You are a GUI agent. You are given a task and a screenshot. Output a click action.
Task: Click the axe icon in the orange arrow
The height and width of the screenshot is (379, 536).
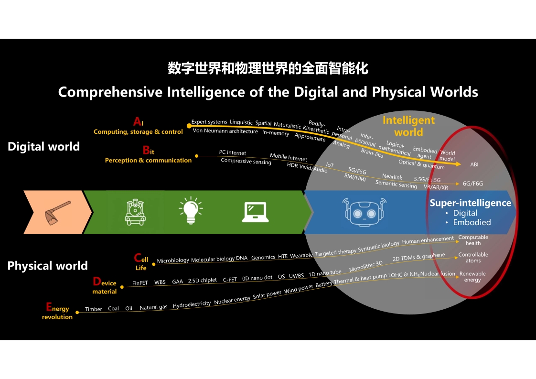[57, 213]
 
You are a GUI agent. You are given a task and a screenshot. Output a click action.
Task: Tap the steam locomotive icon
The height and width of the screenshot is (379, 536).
[135, 212]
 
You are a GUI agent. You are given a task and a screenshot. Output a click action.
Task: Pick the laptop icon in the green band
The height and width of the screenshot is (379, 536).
[256, 212]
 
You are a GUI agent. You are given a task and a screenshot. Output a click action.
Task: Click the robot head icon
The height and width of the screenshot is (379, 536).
[364, 212]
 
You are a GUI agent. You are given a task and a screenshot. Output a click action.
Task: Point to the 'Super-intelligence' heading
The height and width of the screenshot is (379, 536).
[471, 203]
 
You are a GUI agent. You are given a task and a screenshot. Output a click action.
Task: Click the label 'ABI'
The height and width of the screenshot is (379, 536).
[474, 164]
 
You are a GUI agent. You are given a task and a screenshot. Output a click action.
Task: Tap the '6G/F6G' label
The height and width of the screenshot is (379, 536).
[473, 184]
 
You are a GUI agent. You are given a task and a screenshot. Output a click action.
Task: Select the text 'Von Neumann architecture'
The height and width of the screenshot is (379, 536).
[225, 131]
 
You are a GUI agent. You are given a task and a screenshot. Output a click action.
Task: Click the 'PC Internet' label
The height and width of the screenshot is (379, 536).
[233, 152]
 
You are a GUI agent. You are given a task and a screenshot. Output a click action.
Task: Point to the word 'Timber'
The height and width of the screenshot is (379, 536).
[93, 309]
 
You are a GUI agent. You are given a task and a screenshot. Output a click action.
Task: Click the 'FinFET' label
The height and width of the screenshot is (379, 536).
[140, 283]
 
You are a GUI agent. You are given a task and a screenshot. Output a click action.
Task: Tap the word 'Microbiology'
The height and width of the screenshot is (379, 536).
[173, 260]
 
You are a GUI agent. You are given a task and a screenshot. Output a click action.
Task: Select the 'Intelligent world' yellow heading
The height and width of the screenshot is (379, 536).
[408, 126]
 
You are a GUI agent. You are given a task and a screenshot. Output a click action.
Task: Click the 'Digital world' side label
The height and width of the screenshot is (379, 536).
[44, 146]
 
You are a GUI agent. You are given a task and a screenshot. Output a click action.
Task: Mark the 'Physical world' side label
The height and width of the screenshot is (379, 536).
[47, 266]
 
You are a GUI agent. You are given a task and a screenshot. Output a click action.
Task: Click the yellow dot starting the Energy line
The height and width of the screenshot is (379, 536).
[77, 312]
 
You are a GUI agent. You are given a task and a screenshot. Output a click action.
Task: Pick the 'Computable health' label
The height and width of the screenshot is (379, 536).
[473, 240]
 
